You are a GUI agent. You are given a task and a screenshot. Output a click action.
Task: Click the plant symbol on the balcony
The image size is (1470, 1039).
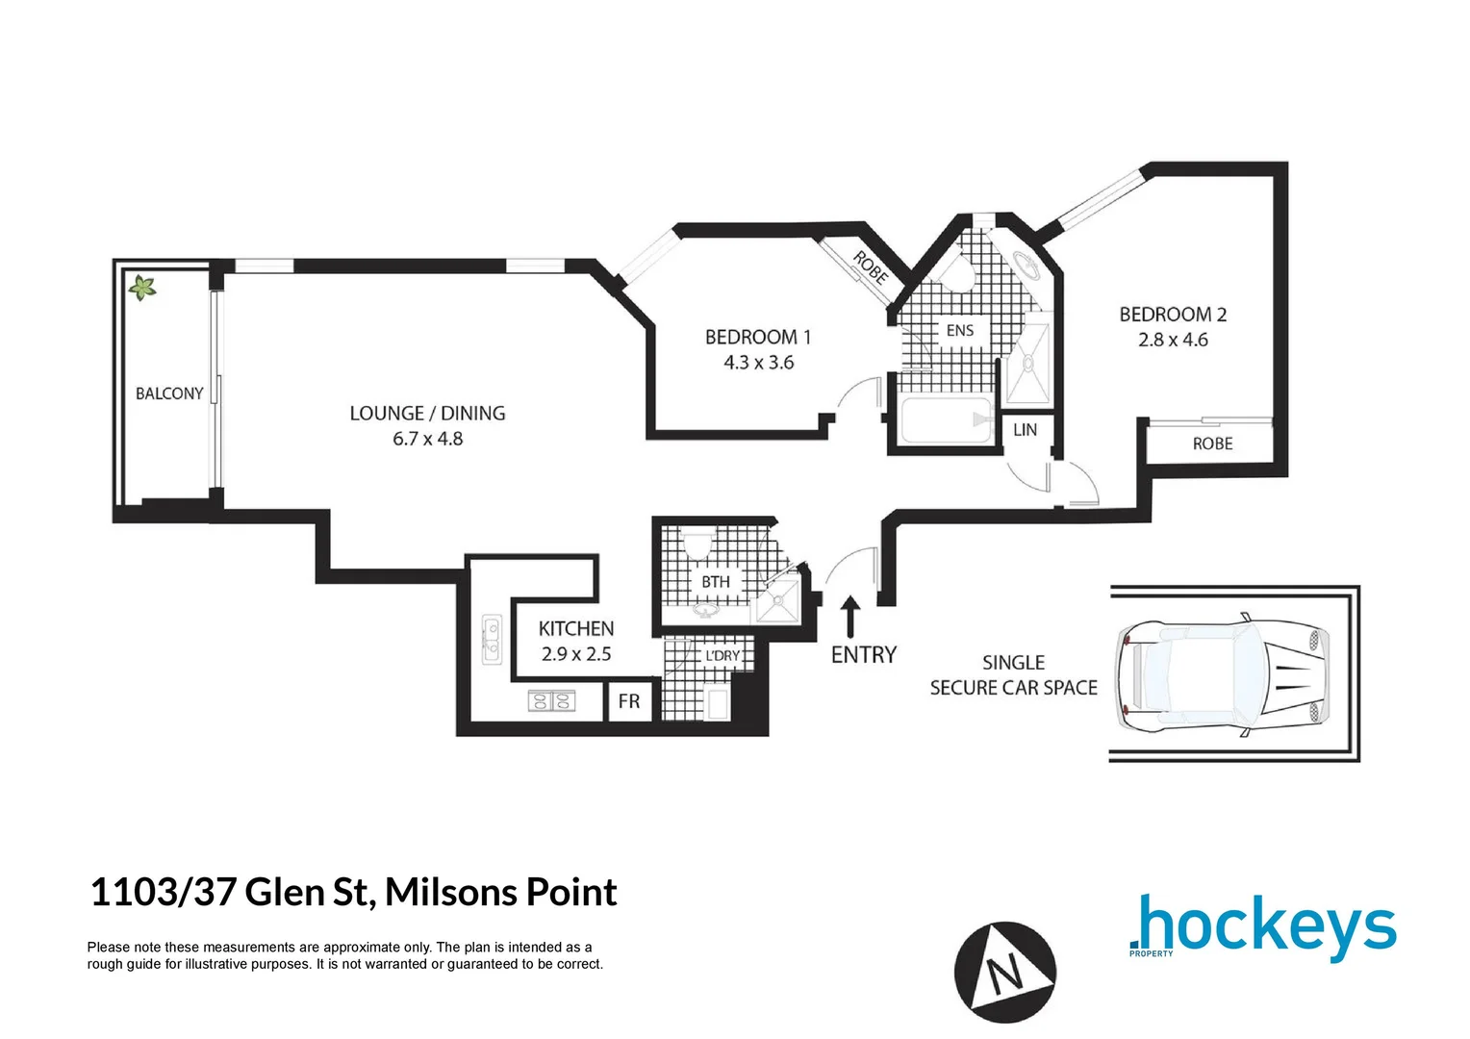coord(142,287)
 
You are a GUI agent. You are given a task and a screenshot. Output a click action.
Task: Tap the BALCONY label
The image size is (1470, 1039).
coord(169,393)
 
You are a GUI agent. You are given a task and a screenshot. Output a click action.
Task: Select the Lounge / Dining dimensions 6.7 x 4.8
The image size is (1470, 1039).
coord(427,439)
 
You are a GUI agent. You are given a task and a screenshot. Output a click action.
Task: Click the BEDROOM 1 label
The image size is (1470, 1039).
coord(758,337)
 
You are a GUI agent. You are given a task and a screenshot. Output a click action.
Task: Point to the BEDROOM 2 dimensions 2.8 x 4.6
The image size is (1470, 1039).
coord(1173,340)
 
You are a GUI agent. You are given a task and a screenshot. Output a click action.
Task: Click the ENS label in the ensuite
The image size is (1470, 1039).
coord(959,330)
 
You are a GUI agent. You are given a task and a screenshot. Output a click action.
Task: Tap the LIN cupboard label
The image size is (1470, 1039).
coord(1025,429)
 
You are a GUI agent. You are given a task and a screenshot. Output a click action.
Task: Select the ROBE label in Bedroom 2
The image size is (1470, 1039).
coord(1212,443)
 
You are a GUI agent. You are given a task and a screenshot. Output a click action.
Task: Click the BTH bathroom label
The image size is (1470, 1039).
coord(715,581)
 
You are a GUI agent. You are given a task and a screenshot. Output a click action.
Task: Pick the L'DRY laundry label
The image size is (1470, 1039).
coord(722,656)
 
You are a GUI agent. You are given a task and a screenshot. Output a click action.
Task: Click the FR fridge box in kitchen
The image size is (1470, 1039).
coord(629,701)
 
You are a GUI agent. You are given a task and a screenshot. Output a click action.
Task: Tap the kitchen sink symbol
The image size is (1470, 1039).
coord(492,639)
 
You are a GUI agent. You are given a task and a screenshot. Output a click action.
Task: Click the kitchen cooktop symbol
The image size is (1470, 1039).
coord(551,701)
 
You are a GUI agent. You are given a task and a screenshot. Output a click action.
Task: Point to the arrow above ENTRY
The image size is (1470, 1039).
coord(850,615)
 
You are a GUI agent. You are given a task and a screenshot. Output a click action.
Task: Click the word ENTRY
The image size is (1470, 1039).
coord(863,655)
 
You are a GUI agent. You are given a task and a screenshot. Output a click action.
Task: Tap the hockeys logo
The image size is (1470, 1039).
coord(1262,926)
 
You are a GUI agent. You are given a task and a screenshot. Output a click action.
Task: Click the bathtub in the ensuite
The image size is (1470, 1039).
coord(946,420)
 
